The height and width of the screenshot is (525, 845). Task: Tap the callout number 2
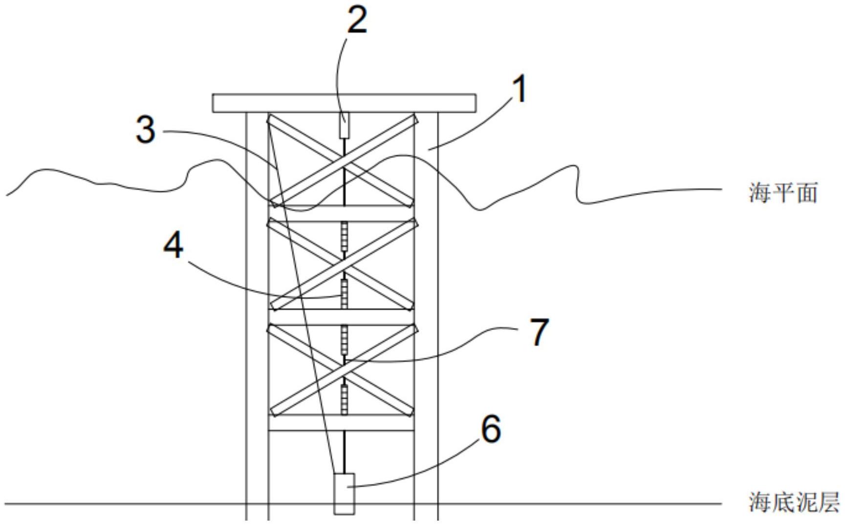coord(357,21)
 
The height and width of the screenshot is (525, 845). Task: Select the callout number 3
coord(146,130)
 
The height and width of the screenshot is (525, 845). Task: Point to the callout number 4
coord(173,245)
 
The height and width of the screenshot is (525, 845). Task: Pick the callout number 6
coord(491,429)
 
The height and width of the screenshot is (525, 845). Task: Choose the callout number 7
coord(540,332)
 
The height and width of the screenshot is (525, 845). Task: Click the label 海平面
coord(783,193)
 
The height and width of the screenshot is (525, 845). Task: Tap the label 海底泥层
coord(794,502)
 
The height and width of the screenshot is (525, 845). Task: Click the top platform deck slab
coord(344,103)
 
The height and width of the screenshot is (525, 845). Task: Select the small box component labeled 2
coord(344,125)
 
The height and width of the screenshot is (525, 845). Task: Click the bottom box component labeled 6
coord(344,494)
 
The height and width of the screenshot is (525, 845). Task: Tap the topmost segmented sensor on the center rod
coord(344,237)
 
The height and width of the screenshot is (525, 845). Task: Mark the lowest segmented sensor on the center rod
coord(344,399)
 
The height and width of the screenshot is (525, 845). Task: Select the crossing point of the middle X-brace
coord(344,264)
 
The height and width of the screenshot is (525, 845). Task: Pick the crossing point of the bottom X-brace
coord(344,371)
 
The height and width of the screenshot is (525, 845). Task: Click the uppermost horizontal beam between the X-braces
coord(342,213)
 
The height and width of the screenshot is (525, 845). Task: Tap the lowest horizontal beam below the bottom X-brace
coord(342,423)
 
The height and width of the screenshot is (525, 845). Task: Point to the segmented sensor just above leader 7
coord(344,340)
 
